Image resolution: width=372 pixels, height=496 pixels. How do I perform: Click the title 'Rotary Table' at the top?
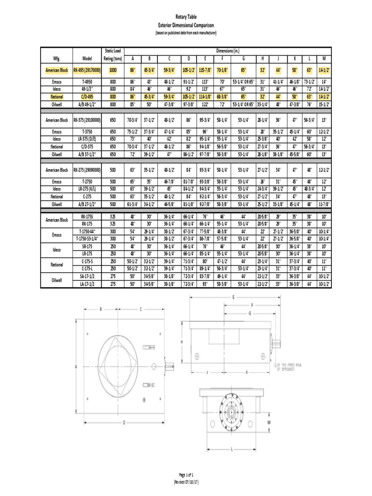click(186, 16)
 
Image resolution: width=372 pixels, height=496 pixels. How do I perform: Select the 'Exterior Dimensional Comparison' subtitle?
click(186, 24)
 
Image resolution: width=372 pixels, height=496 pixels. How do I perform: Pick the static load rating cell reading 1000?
click(112, 70)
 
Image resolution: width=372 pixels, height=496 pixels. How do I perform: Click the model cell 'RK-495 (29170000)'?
click(87, 70)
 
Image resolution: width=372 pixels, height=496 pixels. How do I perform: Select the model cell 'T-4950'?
click(87, 82)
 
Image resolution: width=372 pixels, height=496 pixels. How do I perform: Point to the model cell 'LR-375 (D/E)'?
click(87, 139)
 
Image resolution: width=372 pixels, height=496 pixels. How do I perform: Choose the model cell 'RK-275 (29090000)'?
click(87, 170)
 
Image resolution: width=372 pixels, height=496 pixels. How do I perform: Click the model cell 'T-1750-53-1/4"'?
click(87, 239)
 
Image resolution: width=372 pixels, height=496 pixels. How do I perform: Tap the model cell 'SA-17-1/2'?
click(87, 276)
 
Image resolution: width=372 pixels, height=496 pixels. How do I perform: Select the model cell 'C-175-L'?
click(87, 267)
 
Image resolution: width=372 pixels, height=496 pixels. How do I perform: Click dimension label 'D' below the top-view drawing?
click(124, 423)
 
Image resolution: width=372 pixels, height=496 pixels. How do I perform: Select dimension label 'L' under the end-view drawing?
click(232, 449)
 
